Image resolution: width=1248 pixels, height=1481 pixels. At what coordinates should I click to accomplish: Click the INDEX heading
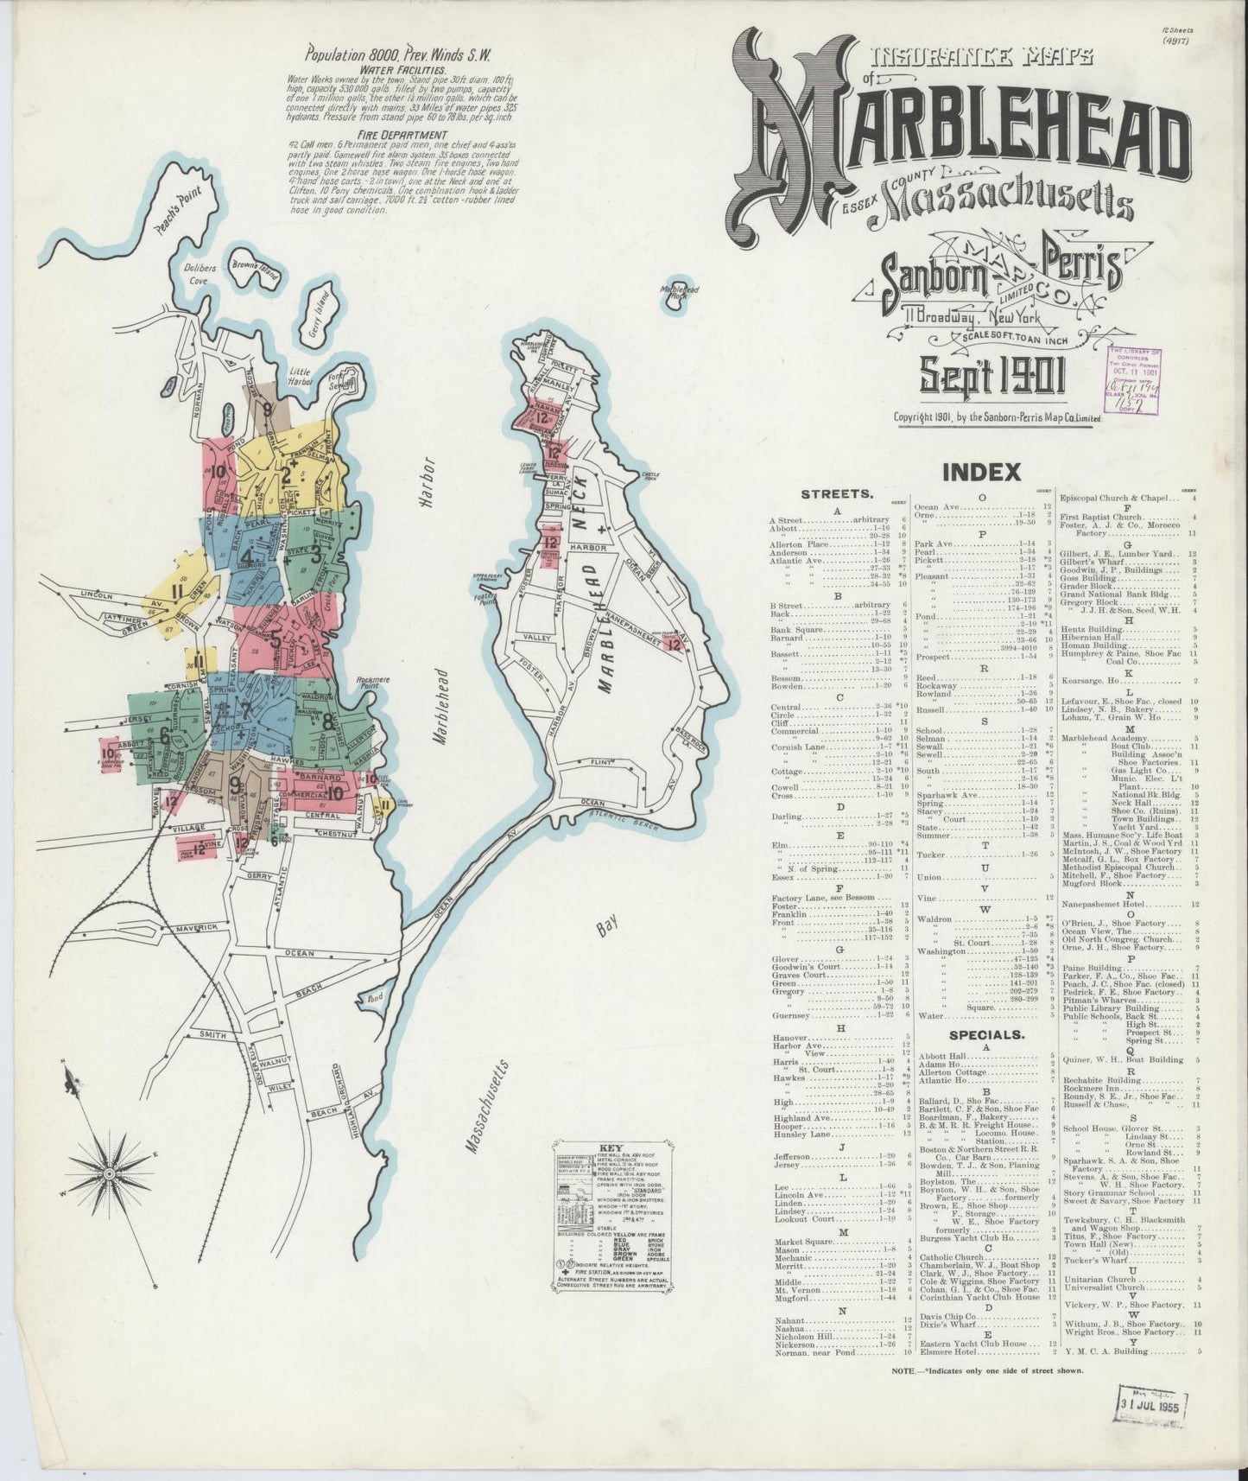[x=981, y=473]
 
